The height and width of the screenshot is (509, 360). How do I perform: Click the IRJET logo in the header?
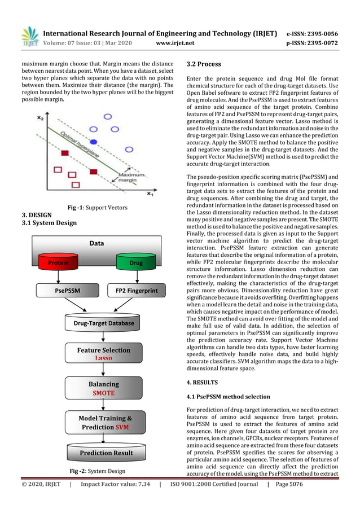click(x=29, y=36)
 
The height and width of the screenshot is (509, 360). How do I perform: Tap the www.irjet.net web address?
click(x=175, y=42)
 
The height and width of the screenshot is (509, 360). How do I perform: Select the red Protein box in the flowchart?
click(x=59, y=262)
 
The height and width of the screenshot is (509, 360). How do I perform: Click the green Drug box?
click(x=135, y=262)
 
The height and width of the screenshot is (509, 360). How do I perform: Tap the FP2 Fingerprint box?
click(x=136, y=291)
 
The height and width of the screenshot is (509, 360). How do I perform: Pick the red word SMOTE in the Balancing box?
click(x=103, y=393)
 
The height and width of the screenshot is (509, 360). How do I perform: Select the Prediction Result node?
click(x=106, y=453)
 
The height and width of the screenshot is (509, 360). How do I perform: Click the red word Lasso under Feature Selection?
click(x=103, y=358)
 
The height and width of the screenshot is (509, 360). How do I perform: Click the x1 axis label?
click(x=150, y=194)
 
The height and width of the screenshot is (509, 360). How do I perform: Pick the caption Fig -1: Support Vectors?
click(x=97, y=208)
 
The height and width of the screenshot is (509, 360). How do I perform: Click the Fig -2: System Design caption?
click(x=98, y=471)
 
